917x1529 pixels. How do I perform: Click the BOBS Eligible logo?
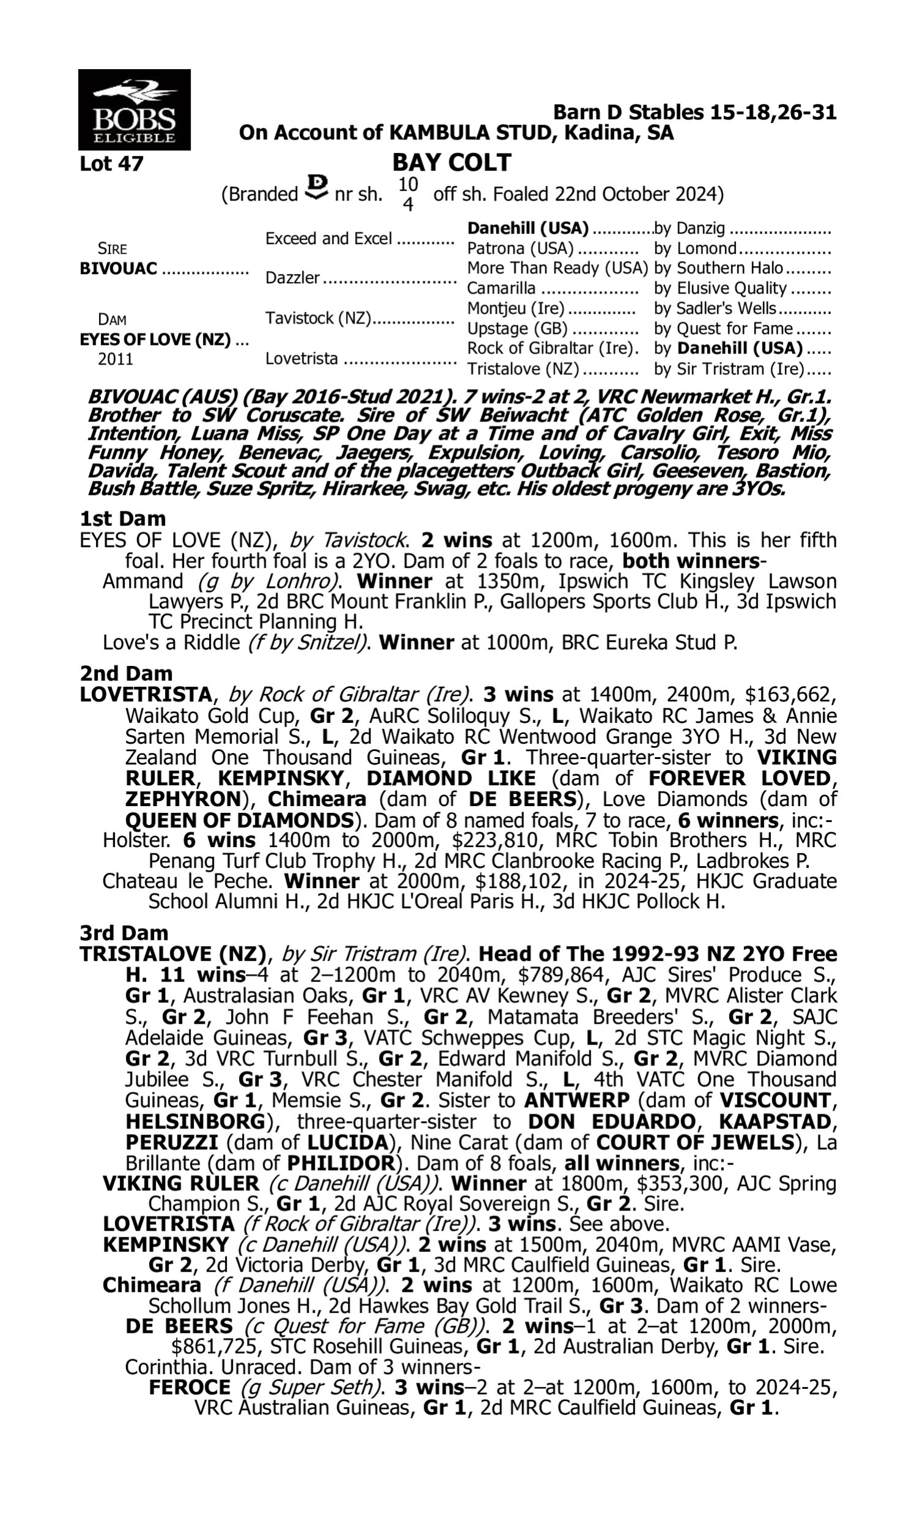pyautogui.click(x=134, y=109)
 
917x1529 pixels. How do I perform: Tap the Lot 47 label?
pyautogui.click(x=111, y=164)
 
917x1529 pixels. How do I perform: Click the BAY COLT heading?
pyautogui.click(x=452, y=163)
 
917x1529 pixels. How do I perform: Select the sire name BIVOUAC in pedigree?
pyautogui.click(x=119, y=269)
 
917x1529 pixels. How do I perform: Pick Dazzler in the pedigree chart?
pyautogui.click(x=292, y=278)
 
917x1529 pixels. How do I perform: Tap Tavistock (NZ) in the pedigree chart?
pyautogui.click(x=319, y=318)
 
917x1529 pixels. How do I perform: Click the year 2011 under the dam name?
pyautogui.click(x=116, y=359)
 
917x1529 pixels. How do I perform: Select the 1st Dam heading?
pyautogui.click(x=123, y=519)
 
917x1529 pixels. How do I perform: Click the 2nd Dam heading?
pyautogui.click(x=126, y=673)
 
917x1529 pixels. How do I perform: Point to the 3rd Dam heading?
pyautogui.click(x=124, y=933)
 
